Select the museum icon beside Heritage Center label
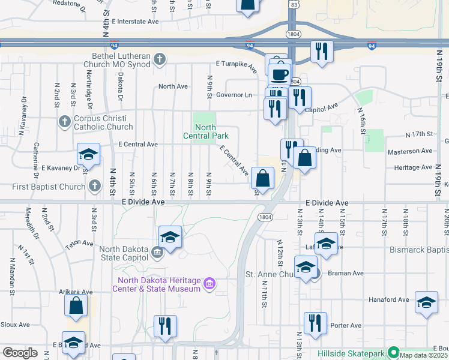[209, 283]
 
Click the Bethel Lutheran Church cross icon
[159, 59]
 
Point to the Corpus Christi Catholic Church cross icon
[65, 122]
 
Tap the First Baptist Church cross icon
[94, 187]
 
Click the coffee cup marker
[279, 74]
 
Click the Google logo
[20, 353]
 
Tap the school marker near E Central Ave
[88, 155]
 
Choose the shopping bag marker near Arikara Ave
[77, 304]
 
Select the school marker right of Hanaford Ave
[426, 304]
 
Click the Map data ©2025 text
[424, 355]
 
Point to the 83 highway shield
[293, 4]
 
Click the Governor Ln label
[234, 95]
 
